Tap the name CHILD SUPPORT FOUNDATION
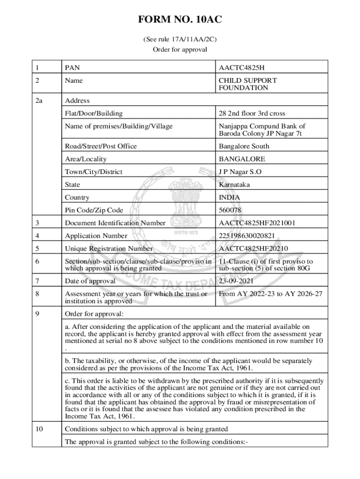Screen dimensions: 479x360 click(248, 84)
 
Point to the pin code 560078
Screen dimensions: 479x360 click(230, 210)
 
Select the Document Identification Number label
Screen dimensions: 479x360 click(115, 223)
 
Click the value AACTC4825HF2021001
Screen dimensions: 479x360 click(257, 223)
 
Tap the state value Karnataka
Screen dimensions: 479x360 click(234, 185)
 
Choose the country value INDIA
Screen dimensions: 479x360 click(230, 197)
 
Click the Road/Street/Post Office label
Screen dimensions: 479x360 click(101, 146)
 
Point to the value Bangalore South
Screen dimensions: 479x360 click(244, 146)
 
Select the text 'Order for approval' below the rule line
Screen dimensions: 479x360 click(180, 50)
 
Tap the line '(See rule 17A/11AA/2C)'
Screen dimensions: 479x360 click(180, 40)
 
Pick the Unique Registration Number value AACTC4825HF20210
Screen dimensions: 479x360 click(253, 249)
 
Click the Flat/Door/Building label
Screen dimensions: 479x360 click(94, 113)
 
